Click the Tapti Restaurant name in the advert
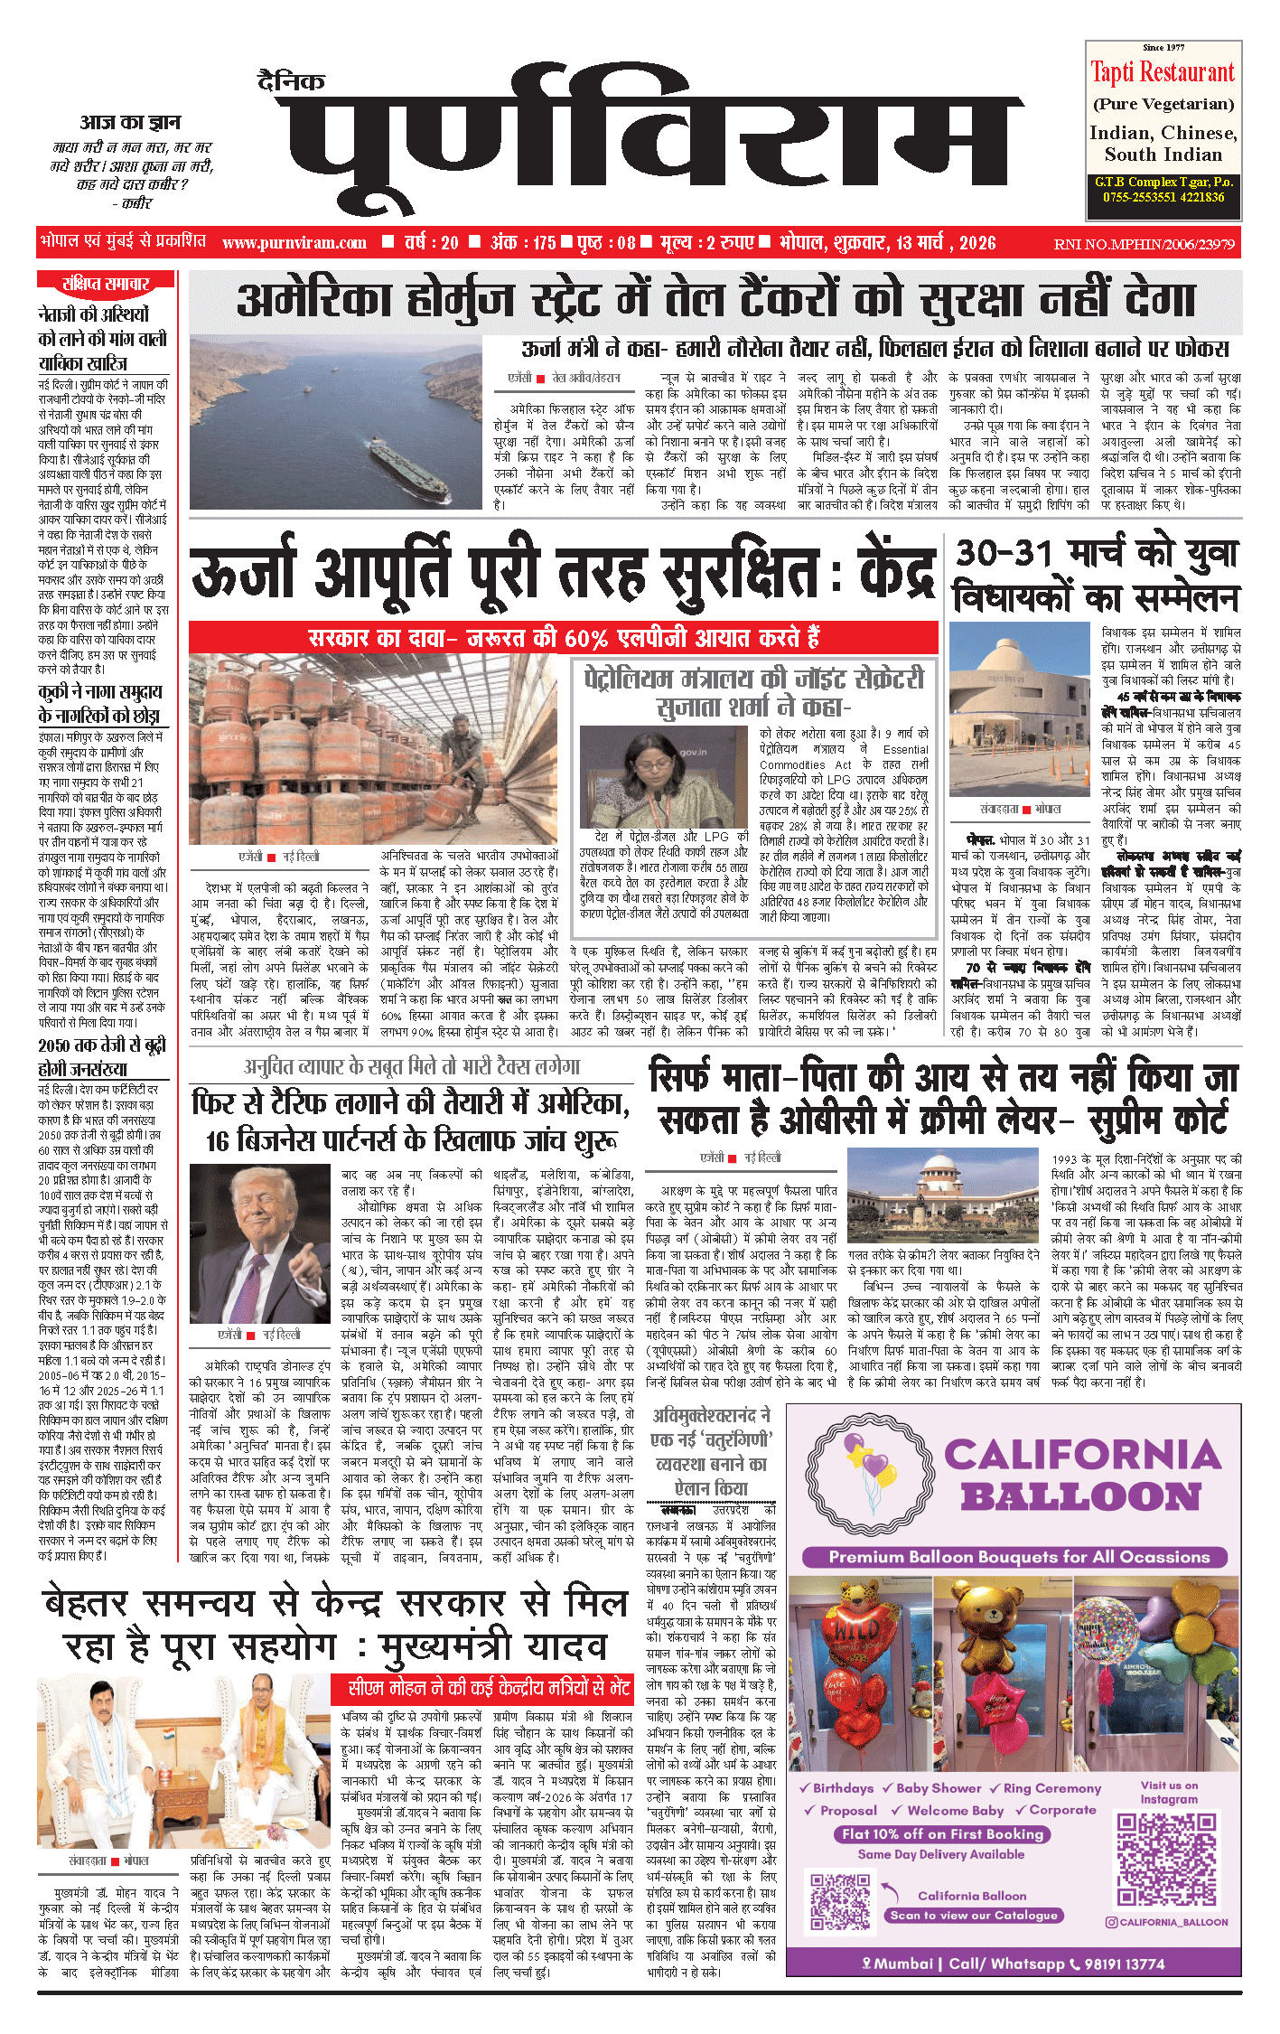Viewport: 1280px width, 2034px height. pyautogui.click(x=1163, y=72)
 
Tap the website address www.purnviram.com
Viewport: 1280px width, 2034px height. pyautogui.click(x=294, y=242)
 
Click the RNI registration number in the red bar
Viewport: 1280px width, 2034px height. pyautogui.click(x=1144, y=244)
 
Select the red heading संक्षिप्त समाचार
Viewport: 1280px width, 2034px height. pyautogui.click(x=106, y=284)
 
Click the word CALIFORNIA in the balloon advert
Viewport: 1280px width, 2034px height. pyautogui.click(x=1083, y=1455)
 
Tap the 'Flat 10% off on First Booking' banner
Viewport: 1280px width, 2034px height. pyautogui.click(x=942, y=1833)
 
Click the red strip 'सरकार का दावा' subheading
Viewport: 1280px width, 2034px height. pyautogui.click(x=565, y=638)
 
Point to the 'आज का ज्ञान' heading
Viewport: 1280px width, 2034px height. pyautogui.click(x=130, y=122)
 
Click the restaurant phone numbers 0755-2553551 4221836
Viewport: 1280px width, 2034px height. pyautogui.click(x=1163, y=197)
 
